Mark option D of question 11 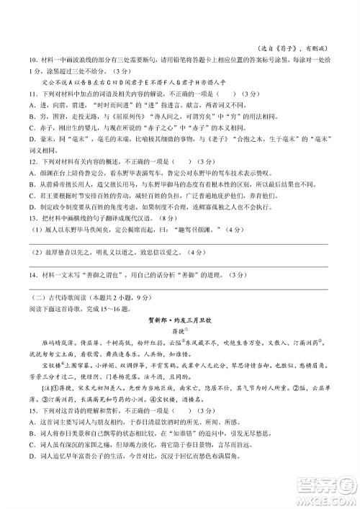(33, 134)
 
